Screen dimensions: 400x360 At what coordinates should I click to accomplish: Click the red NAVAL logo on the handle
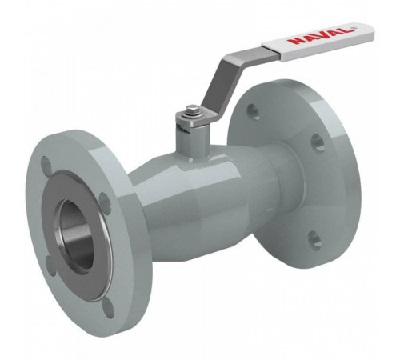tap(322, 34)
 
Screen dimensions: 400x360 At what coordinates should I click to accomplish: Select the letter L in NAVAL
tap(348, 29)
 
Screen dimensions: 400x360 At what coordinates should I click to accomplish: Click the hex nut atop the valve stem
tap(190, 110)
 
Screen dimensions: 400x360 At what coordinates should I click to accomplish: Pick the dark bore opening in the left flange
tap(76, 233)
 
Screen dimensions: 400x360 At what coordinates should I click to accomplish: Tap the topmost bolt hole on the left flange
tap(46, 163)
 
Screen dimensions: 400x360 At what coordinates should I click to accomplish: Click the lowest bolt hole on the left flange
tap(110, 307)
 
